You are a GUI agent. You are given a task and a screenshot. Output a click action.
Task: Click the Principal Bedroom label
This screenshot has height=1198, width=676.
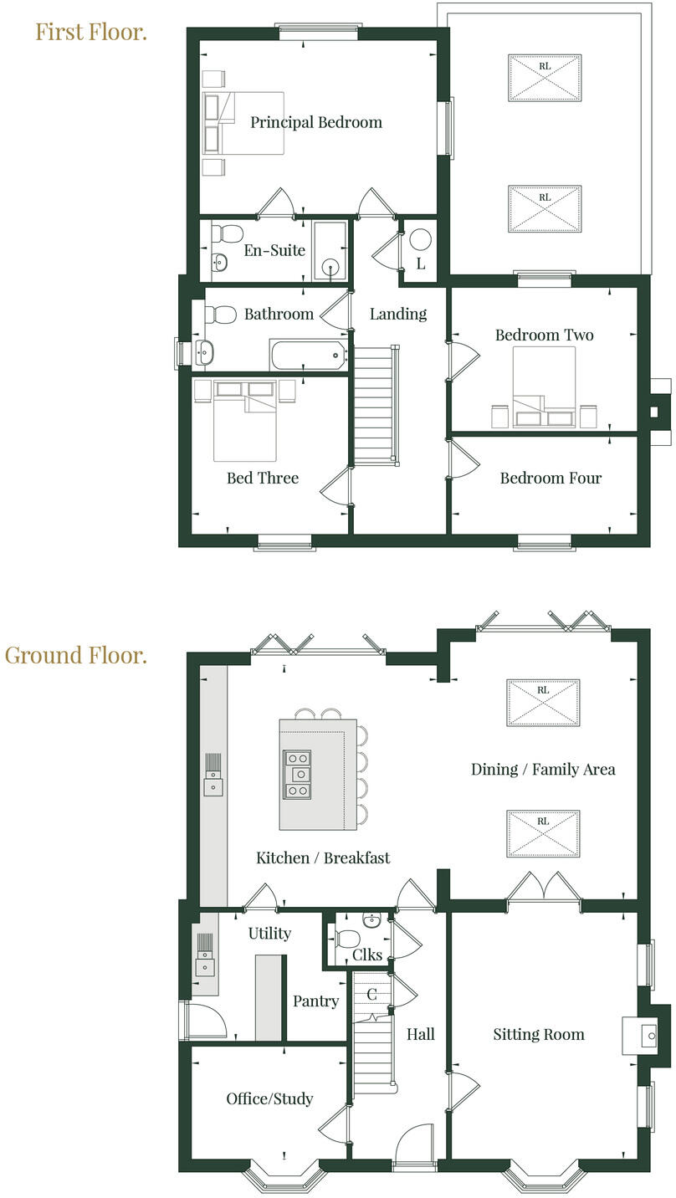tap(315, 122)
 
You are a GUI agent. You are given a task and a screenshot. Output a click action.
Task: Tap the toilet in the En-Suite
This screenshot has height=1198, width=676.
tap(227, 233)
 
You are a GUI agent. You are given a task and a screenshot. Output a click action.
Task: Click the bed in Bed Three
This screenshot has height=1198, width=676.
tap(245, 427)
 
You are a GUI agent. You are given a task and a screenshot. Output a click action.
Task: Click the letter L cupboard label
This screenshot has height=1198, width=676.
tap(421, 264)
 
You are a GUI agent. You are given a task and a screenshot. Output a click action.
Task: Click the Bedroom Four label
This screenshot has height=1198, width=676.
tap(551, 479)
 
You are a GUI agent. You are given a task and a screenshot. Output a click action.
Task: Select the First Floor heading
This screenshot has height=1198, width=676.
tap(90, 32)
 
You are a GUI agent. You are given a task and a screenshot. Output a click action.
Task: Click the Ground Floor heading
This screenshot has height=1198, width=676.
tap(75, 655)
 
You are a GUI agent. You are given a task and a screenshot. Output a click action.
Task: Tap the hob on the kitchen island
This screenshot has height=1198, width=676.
tap(296, 774)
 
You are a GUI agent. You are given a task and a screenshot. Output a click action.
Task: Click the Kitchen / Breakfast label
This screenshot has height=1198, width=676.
tap(323, 858)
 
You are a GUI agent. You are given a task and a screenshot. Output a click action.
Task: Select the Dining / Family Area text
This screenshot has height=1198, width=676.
tap(543, 769)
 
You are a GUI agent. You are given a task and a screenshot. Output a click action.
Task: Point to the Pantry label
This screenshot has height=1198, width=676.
tap(315, 1001)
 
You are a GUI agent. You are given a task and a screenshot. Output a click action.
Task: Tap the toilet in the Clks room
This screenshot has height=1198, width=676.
tap(346, 937)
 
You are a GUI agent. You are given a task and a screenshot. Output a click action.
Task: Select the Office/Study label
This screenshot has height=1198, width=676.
tap(269, 1098)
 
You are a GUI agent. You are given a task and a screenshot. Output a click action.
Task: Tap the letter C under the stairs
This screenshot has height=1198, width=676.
tap(372, 995)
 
